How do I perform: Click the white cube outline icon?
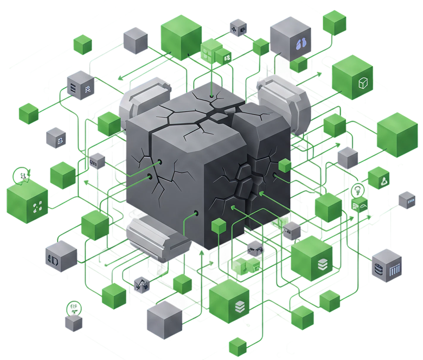tap(363, 83)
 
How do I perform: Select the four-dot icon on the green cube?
tap(38, 206)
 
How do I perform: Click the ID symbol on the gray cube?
tap(53, 259)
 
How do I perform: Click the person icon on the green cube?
tap(383, 181)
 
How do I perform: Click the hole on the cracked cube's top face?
tap(212, 96)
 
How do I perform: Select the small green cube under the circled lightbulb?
tap(360, 205)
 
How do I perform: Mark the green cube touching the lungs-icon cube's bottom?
tap(299, 64)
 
